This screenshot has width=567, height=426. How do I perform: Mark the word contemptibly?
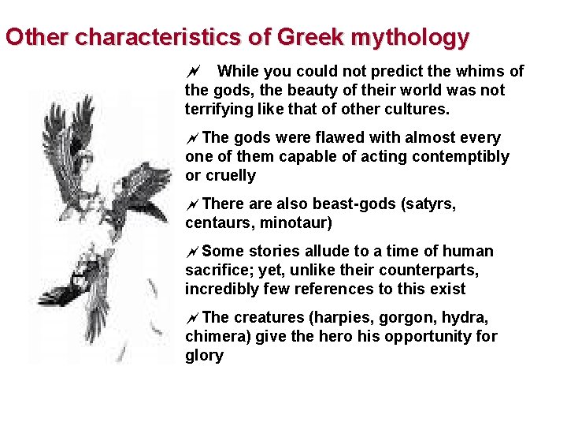(463, 157)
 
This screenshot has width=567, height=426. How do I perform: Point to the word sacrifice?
(215, 271)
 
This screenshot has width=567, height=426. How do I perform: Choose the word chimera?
(217, 337)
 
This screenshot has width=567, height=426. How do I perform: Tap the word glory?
(204, 356)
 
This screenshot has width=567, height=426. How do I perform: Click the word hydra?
(467, 317)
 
